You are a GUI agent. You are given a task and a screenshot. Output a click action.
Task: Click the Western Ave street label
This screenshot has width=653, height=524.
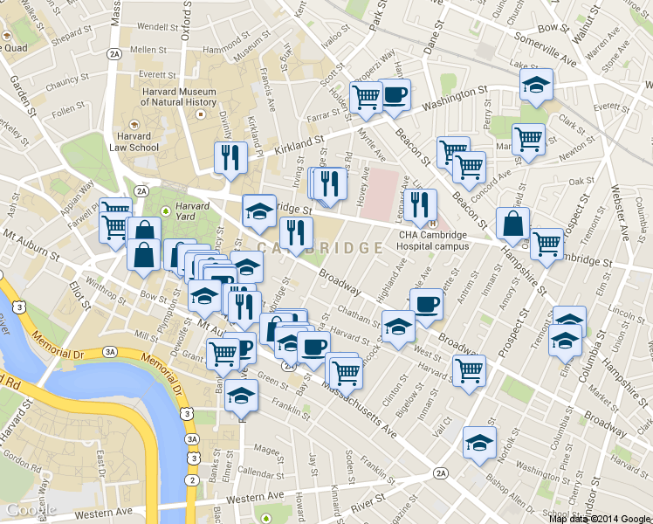click(104, 510)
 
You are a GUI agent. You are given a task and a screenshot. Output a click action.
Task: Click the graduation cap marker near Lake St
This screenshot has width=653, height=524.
click(535, 86)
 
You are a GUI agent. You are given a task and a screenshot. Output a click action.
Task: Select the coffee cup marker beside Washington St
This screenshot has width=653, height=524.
click(395, 95)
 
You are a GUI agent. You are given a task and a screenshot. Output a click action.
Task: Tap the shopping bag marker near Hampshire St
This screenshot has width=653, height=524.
click(512, 223)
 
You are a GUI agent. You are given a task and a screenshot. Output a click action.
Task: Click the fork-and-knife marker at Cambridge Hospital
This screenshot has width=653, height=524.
click(421, 204)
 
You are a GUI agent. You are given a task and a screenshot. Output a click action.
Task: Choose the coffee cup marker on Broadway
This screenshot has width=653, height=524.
click(426, 303)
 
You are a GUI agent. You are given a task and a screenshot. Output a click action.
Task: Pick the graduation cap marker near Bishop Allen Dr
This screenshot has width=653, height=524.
click(479, 443)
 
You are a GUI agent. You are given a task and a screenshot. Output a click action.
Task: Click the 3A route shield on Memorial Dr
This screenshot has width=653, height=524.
click(109, 351)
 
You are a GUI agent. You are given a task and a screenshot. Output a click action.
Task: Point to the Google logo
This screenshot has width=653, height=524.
click(31, 509)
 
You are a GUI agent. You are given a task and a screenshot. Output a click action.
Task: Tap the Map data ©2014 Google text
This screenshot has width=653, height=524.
click(600, 518)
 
